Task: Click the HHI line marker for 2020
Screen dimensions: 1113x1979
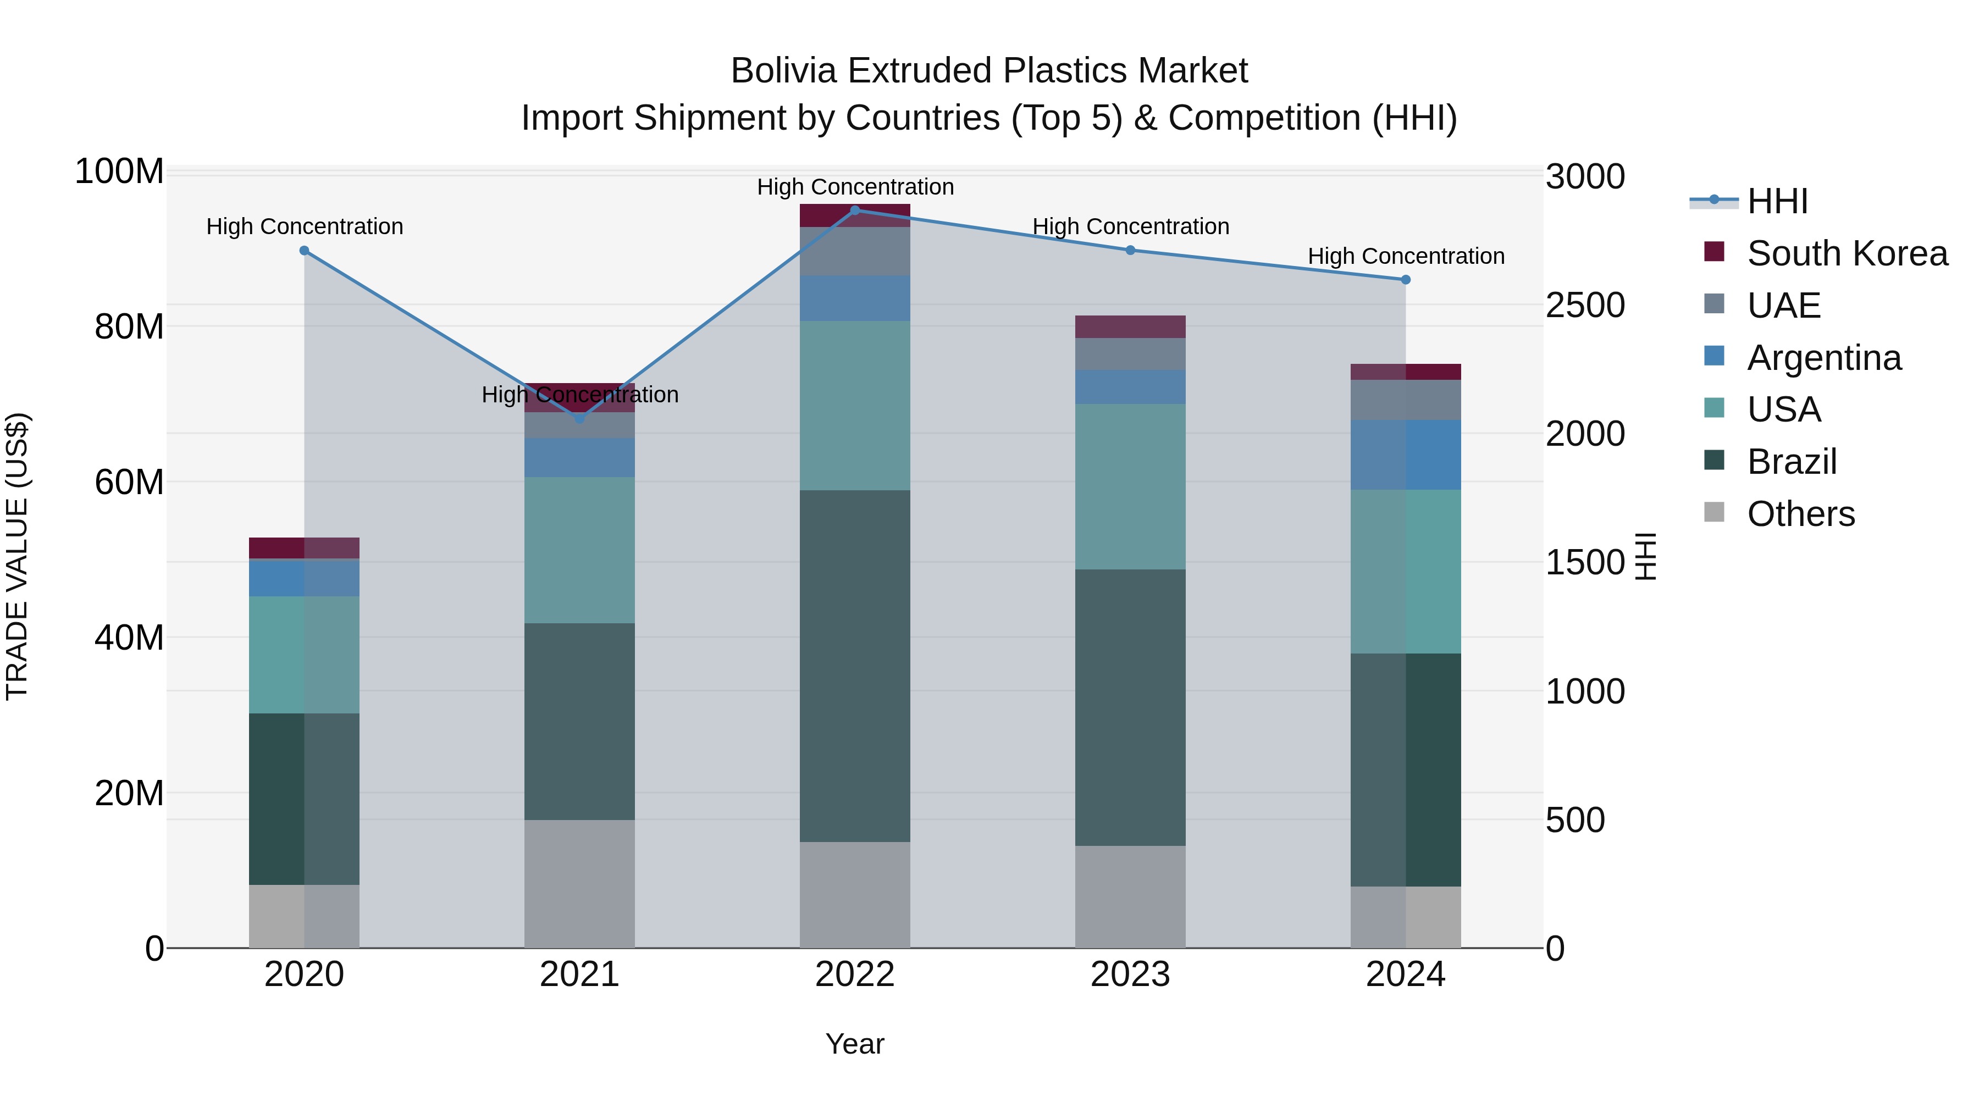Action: click(x=304, y=251)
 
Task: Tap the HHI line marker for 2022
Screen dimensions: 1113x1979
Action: click(x=855, y=211)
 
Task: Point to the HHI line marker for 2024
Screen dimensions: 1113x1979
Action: click(x=1406, y=280)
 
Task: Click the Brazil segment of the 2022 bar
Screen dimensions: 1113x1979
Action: click(x=855, y=666)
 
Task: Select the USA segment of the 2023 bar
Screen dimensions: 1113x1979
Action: click(x=1130, y=486)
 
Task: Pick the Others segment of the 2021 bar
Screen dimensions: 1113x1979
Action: click(x=580, y=883)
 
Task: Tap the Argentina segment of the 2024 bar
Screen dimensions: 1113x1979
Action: click(x=1406, y=455)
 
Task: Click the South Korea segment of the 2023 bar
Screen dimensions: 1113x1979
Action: click(x=1130, y=326)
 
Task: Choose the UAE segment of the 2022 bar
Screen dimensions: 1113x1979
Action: click(x=855, y=251)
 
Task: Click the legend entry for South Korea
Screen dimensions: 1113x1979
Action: click(x=1848, y=253)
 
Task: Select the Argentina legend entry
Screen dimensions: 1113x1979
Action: click(x=1825, y=358)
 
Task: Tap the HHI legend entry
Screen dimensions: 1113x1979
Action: click(x=1777, y=201)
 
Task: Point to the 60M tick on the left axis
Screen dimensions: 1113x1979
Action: click(x=129, y=483)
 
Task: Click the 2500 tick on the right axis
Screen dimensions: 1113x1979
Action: click(x=1585, y=305)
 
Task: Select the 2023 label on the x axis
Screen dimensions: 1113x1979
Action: click(x=1130, y=974)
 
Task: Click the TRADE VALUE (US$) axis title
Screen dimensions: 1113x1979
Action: click(x=18, y=556)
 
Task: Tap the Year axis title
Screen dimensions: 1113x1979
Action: click(x=855, y=1044)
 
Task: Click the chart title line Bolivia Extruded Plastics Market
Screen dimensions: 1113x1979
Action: click(x=989, y=71)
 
